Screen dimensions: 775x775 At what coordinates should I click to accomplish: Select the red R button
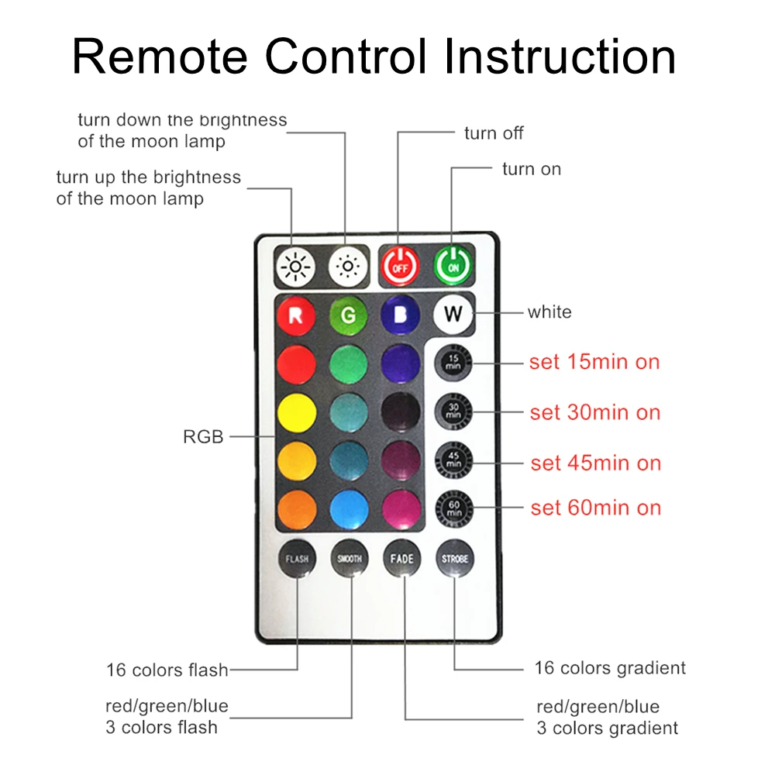click(296, 315)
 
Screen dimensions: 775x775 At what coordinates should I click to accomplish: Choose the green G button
click(348, 315)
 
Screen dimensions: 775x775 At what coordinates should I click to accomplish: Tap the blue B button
click(401, 315)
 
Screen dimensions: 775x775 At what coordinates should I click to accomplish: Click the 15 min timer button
click(453, 363)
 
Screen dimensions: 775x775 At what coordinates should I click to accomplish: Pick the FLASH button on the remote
click(297, 558)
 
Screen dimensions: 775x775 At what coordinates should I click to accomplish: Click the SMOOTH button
click(350, 558)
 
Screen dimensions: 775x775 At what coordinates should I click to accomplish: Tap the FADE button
click(402, 558)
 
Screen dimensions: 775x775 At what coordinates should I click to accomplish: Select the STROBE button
click(454, 558)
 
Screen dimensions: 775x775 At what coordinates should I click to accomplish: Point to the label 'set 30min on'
click(595, 412)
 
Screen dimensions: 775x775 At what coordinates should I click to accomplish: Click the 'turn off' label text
click(494, 133)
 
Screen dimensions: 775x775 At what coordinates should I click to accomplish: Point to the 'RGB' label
click(203, 437)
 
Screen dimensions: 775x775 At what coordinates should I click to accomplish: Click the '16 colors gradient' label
click(610, 668)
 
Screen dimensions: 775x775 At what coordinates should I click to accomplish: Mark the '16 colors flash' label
click(167, 670)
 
